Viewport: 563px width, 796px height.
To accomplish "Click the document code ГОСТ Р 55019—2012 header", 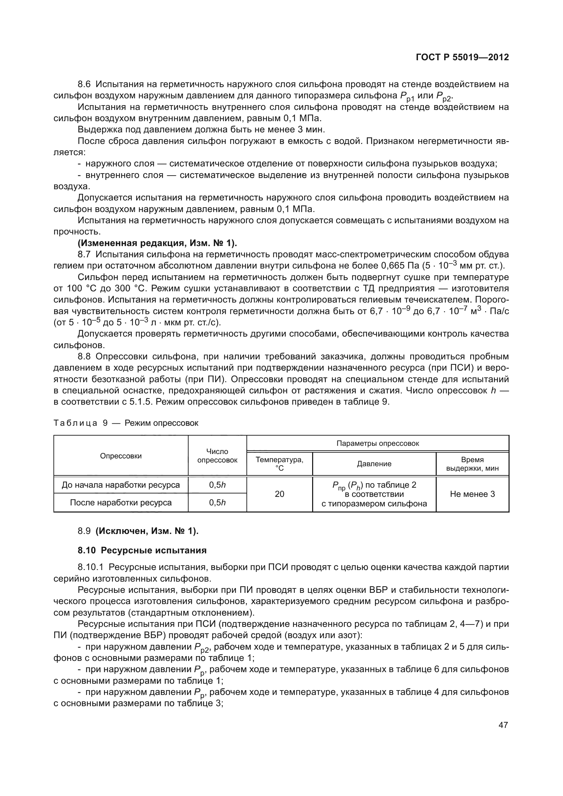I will pos(462,58).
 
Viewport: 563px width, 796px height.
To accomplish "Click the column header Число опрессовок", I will pos(217,456).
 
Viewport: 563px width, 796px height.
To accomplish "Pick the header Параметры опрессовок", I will pos(377,443).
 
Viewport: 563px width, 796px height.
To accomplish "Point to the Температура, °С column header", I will pos(279,464).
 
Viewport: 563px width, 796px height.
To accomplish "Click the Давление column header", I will pos(374,464).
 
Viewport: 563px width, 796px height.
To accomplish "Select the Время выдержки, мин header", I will pos(472,464).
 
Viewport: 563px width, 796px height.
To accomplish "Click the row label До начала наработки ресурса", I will pos(120,485).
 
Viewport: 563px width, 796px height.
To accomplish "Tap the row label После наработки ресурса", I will pos(120,503).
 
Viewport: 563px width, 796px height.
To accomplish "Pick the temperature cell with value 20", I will pos(279,494).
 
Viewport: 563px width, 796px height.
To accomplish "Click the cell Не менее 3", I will pos(472,494).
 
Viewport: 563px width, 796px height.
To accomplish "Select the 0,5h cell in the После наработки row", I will pos(217,503).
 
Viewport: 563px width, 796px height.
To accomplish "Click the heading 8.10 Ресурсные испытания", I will pos(142,551).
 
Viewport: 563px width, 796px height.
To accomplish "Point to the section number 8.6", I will pos(84,84).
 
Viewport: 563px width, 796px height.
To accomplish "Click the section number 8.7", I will pos(84,255).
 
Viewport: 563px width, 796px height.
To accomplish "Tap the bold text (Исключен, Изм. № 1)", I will pos(147,531).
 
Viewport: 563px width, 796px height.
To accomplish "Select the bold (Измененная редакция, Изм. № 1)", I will pos(157,243).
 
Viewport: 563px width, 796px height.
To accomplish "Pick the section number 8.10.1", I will pos(91,568).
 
